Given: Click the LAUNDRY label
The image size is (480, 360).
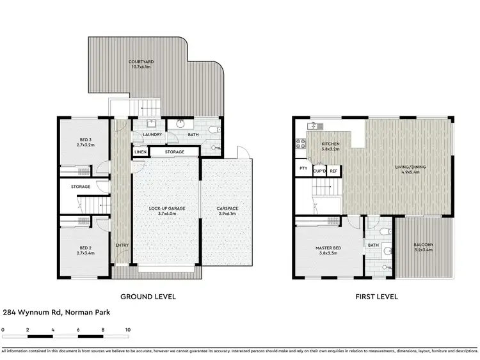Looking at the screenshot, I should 152,135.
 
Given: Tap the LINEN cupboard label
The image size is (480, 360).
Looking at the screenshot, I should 140,152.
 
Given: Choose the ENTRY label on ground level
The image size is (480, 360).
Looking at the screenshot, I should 122,245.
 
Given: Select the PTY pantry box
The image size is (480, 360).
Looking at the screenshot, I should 303,169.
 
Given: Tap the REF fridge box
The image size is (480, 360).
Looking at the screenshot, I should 333,171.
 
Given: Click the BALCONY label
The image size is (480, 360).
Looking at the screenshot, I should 423,247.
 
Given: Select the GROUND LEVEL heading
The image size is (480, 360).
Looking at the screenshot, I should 148,297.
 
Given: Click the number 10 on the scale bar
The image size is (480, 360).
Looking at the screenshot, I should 128,329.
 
